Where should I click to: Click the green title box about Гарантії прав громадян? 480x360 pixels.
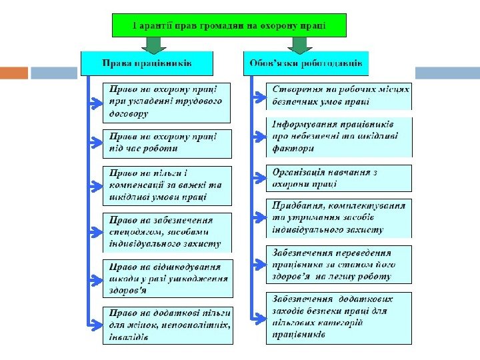(x=229, y=26)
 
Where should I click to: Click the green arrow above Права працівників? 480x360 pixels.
(x=154, y=45)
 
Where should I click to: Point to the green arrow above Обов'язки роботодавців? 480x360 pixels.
(x=299, y=45)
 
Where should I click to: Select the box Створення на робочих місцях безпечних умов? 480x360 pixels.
(x=339, y=97)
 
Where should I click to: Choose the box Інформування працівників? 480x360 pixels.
(x=339, y=137)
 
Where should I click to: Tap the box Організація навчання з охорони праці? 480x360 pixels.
(x=339, y=178)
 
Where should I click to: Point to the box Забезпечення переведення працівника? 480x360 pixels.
(x=339, y=264)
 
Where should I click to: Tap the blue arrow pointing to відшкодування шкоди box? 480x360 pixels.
(x=96, y=279)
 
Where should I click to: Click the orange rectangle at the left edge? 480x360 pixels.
(x=13, y=73)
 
